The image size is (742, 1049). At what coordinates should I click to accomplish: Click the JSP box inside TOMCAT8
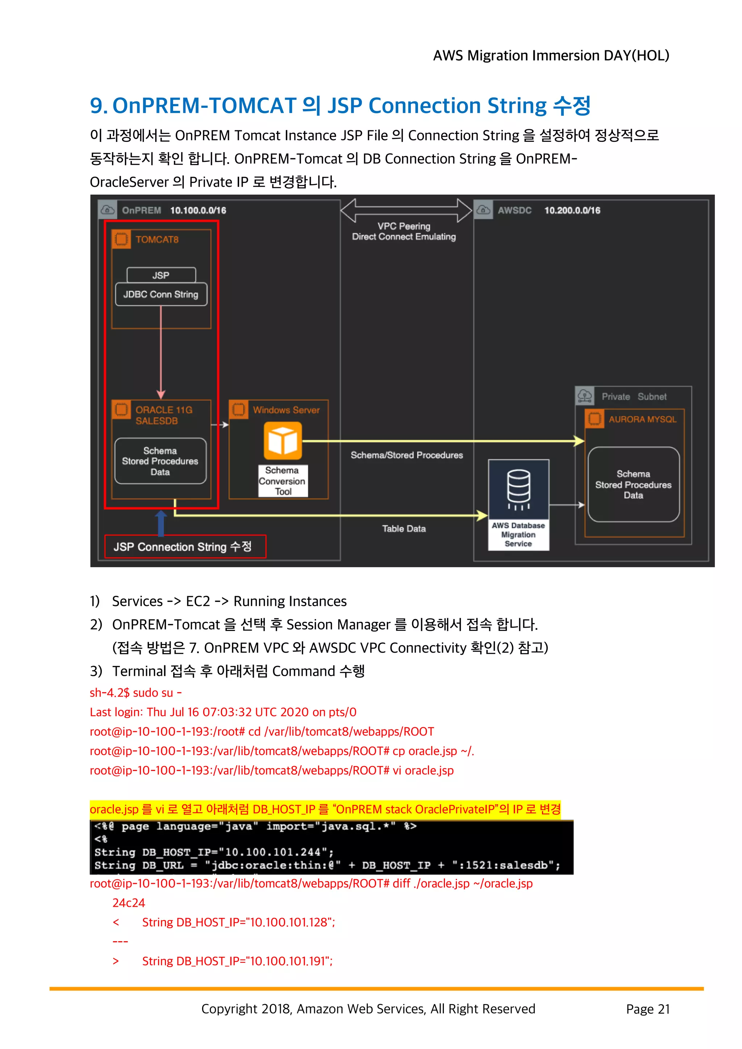[x=161, y=275]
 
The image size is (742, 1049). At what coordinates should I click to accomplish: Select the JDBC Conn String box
[x=161, y=294]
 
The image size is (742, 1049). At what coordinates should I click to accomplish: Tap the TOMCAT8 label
[x=157, y=239]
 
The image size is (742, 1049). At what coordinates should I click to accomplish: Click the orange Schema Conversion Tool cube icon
[x=283, y=441]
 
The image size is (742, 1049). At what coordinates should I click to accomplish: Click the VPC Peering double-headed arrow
[x=406, y=210]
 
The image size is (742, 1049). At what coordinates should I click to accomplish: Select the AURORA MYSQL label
[x=642, y=420]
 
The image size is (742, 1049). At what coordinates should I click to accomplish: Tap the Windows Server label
[x=286, y=410]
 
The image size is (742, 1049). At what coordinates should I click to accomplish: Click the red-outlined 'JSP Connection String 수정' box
[x=185, y=547]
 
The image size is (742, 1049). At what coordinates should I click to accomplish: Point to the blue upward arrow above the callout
[x=161, y=523]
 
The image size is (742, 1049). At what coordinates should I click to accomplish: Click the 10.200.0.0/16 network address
[x=572, y=210]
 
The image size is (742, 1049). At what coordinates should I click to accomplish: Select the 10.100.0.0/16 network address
[x=198, y=210]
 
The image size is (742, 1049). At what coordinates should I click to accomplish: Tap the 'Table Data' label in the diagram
[x=404, y=528]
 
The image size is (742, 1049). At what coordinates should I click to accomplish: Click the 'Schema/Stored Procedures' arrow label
[x=407, y=455]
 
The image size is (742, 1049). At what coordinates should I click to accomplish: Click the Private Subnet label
[x=634, y=397]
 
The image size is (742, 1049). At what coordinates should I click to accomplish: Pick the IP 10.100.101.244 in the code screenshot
[x=272, y=852]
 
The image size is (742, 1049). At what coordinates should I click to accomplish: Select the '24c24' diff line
[x=129, y=903]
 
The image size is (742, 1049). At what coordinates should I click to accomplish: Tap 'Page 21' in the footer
[x=647, y=1009]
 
